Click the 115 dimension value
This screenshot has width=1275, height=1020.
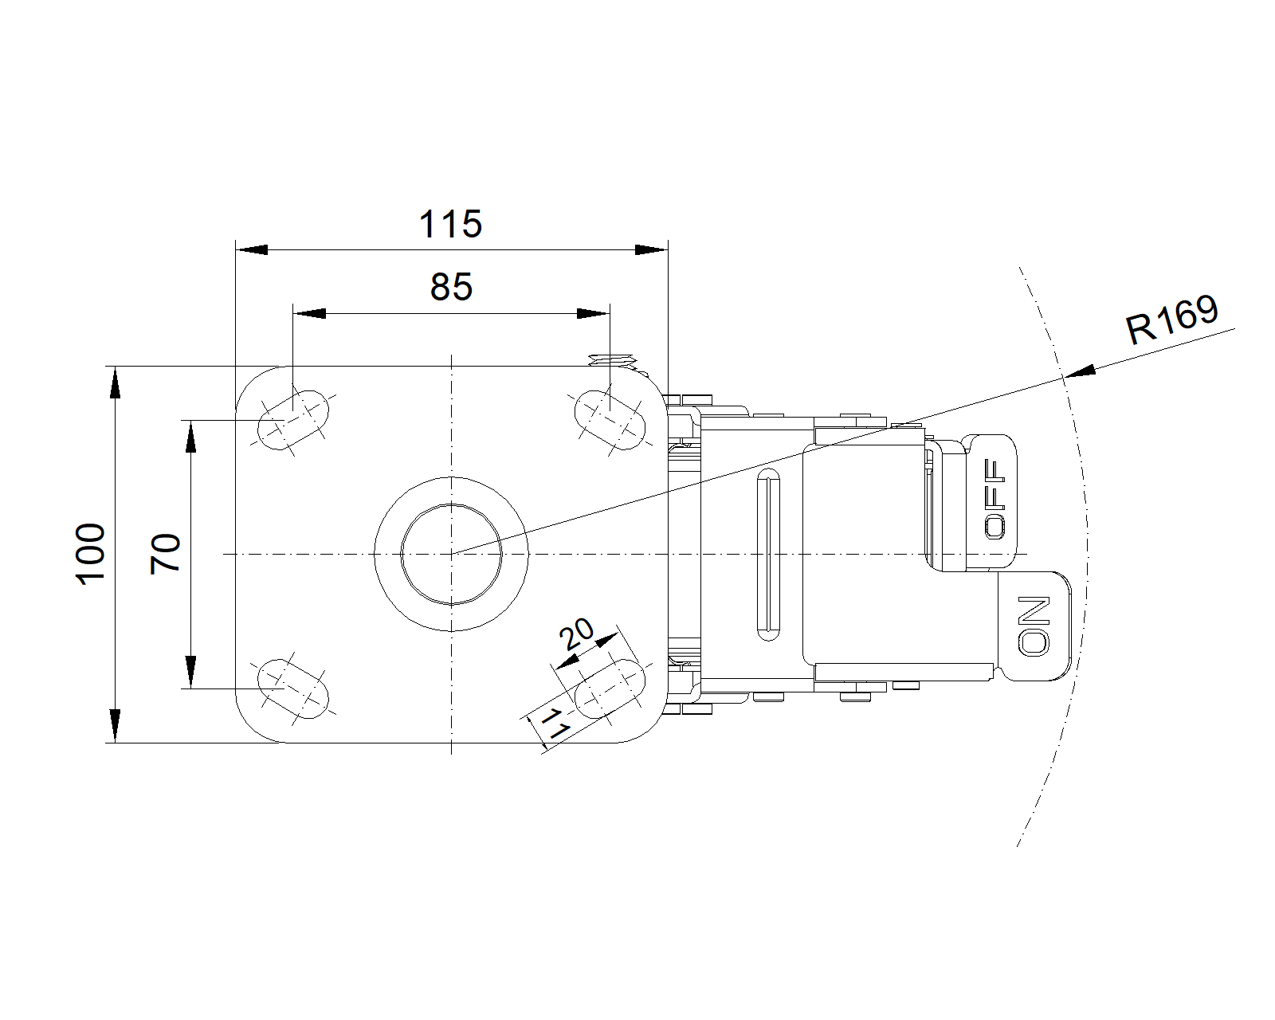(450, 224)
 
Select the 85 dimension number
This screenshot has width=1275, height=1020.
(451, 287)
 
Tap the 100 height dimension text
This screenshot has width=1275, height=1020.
(91, 554)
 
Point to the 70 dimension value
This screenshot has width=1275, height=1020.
(165, 554)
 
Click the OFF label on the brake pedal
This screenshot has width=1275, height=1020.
(995, 499)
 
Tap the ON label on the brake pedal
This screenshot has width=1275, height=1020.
(1034, 626)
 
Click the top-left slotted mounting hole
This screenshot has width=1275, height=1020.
(292, 420)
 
